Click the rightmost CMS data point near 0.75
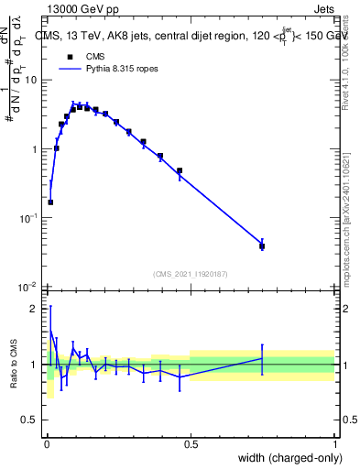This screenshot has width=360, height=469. coord(262,245)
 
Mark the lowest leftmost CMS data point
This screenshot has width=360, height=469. coord(50,202)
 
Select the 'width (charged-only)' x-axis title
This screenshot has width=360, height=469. coord(286,458)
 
